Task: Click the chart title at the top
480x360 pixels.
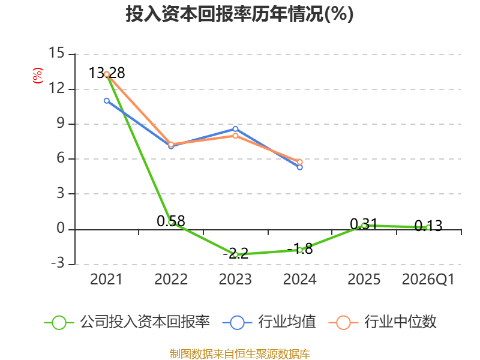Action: [239, 14]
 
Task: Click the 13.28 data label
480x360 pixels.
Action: [107, 73]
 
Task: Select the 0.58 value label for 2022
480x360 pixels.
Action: [171, 221]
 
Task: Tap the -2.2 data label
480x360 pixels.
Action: [235, 253]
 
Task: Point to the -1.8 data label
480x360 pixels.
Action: [299, 248]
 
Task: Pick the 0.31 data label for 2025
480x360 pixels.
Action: [364, 224]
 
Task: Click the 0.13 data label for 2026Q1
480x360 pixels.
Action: [428, 226]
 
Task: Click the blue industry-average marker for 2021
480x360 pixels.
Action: [107, 101]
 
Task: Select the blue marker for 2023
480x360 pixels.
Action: [235, 129]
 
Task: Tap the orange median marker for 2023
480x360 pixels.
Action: [235, 136]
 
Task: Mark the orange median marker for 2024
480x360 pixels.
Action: [299, 162]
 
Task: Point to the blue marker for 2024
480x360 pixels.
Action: [299, 167]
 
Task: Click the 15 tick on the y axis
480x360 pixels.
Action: [56, 53]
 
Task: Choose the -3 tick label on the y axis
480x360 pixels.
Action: [58, 263]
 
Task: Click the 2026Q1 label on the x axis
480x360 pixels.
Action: [428, 279]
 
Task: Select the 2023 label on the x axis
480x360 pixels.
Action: [235, 279]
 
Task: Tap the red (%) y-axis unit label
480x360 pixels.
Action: [38, 76]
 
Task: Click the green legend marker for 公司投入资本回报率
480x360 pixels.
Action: [59, 323]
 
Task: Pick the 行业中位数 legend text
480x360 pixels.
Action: [400, 322]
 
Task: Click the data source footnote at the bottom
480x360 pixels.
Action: [240, 354]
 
